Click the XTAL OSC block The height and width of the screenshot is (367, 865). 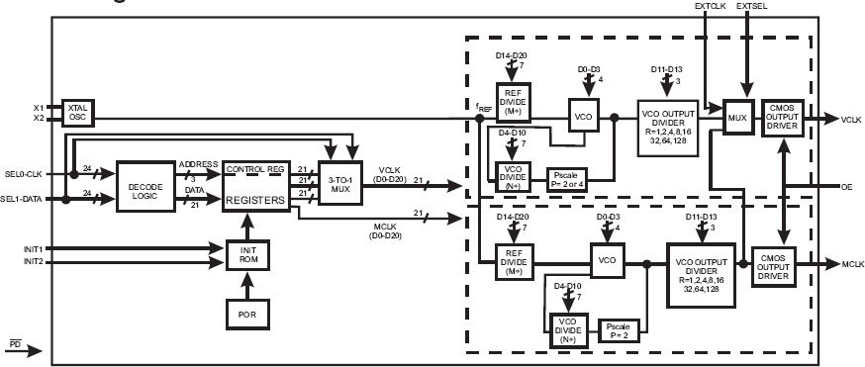click(x=76, y=112)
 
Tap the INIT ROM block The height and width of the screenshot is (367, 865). click(x=246, y=254)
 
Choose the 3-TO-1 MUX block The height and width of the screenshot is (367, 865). click(x=339, y=181)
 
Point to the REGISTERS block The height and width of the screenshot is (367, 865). click(x=256, y=199)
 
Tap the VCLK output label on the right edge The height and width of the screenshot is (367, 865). click(x=851, y=119)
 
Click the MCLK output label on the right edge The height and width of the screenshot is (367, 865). click(x=852, y=265)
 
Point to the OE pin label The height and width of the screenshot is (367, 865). click(x=847, y=186)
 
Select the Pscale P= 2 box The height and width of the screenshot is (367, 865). click(x=619, y=328)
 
